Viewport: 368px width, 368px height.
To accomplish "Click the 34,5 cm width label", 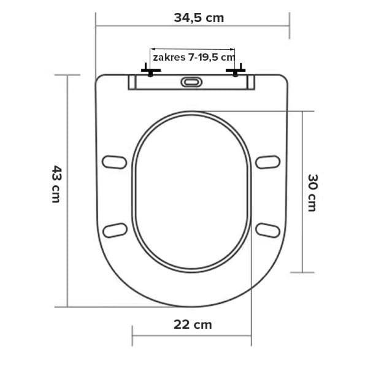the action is click(x=199, y=18).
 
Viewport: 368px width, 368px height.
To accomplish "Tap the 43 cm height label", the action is click(x=56, y=184).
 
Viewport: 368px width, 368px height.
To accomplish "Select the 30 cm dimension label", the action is click(x=313, y=193).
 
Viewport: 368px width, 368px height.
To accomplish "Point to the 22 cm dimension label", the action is click(x=193, y=324).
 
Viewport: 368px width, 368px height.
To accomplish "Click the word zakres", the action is click(x=169, y=58).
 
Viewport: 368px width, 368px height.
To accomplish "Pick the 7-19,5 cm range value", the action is click(x=211, y=58).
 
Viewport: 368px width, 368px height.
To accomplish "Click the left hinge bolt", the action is click(x=151, y=70).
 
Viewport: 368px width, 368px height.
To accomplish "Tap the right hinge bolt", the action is click(x=236, y=70).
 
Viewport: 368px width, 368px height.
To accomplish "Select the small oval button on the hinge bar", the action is click(x=191, y=82).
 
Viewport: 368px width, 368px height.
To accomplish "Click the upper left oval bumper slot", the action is click(x=114, y=162).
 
